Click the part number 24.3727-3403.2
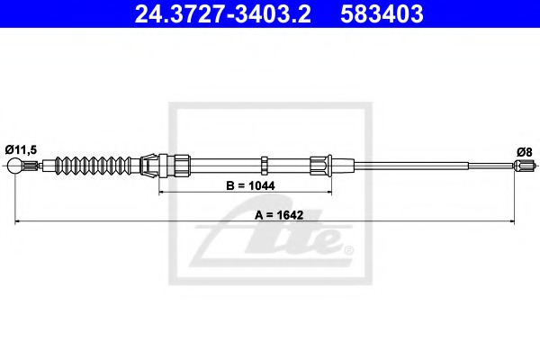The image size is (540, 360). tap(223, 14)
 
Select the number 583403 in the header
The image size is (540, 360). tap(382, 14)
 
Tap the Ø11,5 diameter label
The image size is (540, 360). tap(21, 149)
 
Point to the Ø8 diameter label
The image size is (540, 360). tap(524, 151)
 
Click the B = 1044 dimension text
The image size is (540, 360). tap(250, 185)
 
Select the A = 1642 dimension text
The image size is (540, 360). tap(279, 215)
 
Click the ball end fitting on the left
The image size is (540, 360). tap(14, 166)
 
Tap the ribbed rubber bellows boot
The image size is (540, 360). tap(94, 166)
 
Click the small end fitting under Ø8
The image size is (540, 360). tap(524, 166)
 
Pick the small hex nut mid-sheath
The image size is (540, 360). tap(264, 166)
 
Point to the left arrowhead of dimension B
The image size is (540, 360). tap(161, 192)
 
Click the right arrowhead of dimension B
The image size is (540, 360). tap(329, 192)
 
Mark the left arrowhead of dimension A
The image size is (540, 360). tap(17, 220)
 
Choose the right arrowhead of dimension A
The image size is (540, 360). tap(512, 220)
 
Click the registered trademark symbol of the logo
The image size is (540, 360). tap(349, 250)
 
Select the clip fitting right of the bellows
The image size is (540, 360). tap(148, 166)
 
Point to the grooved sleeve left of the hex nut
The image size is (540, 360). tap(182, 166)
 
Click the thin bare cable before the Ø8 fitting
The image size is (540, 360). tap(491, 166)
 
